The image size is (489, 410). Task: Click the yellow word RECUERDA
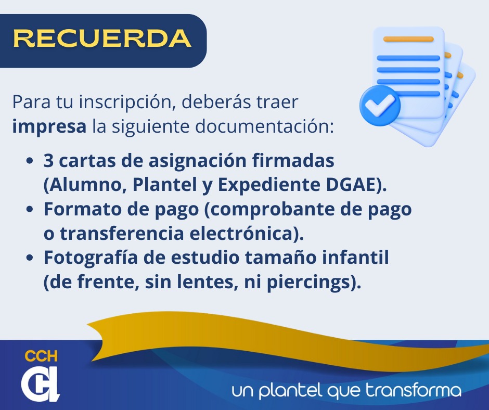coord(102,39)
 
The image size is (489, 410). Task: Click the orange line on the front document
coord(408,39)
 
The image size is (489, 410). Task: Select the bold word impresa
coord(49,127)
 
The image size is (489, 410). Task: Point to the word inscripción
coord(127,102)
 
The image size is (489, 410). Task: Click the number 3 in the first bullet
coord(48,161)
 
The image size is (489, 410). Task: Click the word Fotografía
coord(91,258)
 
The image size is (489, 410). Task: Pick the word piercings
coord(308,283)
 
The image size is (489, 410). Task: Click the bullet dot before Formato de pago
coord(30,209)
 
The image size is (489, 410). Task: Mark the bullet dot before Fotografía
coord(30,258)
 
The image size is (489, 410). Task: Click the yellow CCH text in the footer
coord(41,356)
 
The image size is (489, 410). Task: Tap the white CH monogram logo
coord(40,383)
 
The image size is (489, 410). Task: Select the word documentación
coord(265,127)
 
